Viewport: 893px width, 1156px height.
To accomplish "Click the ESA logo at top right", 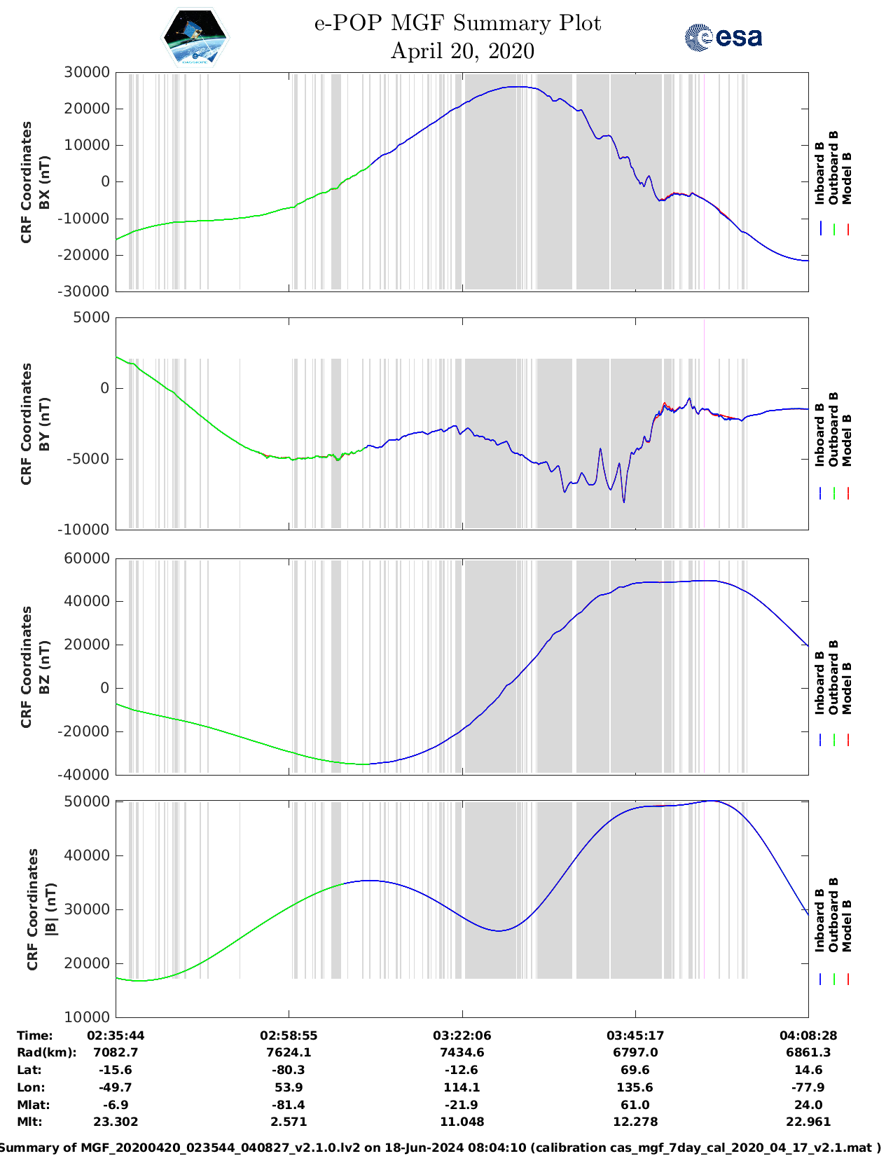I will click(724, 37).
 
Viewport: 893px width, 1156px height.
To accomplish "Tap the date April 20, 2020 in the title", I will click(462, 51).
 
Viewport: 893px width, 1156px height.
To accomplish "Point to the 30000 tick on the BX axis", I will click(87, 72).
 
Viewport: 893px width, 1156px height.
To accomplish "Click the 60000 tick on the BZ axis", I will click(87, 558).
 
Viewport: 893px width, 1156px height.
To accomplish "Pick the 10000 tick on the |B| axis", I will click(87, 1017).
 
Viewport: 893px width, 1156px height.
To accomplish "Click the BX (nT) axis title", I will click(44, 182).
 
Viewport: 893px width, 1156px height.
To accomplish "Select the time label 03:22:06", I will click(462, 1035).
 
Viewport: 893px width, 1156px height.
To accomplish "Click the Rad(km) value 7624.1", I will click(289, 1052).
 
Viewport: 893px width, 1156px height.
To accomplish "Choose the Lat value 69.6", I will click(635, 1070).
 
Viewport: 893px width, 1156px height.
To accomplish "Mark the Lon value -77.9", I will click(808, 1087).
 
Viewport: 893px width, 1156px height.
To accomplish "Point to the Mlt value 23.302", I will click(116, 1122).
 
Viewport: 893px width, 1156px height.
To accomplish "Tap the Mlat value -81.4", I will click(289, 1105).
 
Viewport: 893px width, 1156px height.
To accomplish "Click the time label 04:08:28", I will click(808, 1035).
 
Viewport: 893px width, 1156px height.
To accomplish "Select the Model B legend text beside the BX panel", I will click(847, 178).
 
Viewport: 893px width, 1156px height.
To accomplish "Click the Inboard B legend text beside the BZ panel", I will click(820, 684).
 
